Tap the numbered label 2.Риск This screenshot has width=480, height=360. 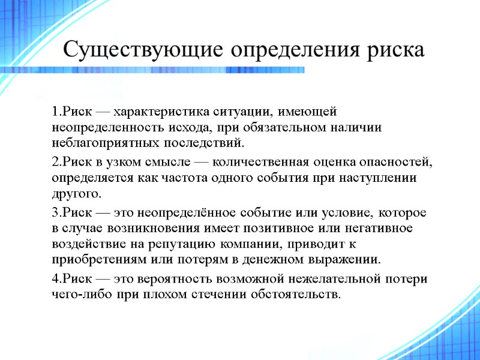click(70, 163)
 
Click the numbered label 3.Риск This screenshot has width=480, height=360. click(70, 214)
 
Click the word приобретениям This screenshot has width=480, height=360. click(100, 260)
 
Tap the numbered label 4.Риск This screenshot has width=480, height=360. click(70, 280)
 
